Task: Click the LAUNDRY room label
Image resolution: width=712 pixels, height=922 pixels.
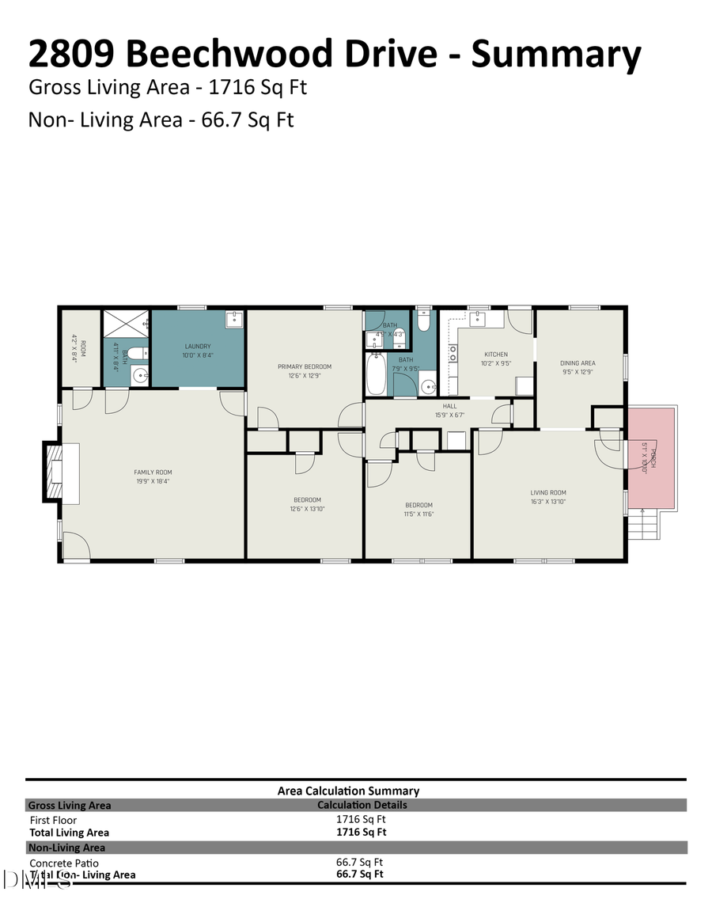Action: [x=198, y=346]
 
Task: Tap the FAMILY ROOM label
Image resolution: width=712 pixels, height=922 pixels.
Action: [x=153, y=472]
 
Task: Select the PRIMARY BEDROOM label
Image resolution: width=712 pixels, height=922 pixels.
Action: [x=304, y=366]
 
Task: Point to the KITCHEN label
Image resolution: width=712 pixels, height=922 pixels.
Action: [x=496, y=354]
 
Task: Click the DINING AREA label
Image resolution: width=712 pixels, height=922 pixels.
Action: [x=578, y=363]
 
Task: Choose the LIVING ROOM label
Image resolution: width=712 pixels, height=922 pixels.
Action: [x=548, y=492]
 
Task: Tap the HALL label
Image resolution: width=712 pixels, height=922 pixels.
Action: [x=449, y=406]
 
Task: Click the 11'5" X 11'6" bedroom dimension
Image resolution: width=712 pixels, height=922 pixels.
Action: [x=418, y=514]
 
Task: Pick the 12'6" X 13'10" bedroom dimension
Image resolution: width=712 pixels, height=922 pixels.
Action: [x=307, y=509]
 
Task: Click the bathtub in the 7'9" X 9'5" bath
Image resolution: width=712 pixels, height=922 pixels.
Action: [x=376, y=376]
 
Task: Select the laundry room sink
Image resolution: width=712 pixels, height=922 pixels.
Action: [x=234, y=319]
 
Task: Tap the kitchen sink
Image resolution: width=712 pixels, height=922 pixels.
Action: [x=478, y=318]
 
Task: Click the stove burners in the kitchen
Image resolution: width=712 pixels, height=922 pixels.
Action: [x=453, y=353]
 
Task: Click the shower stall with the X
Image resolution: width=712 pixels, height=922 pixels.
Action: [x=127, y=323]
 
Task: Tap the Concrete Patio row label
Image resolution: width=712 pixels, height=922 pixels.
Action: [x=64, y=863]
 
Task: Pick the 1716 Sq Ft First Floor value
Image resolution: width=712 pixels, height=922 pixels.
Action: [x=361, y=820]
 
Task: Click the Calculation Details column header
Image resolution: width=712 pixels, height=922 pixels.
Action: [x=362, y=805]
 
